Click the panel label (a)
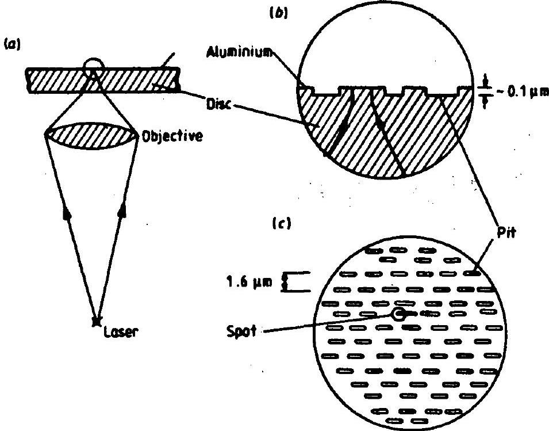pos(11,44)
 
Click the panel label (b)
pos(278,13)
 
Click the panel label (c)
pos(282,223)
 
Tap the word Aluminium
pos(239,52)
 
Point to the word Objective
pos(172,136)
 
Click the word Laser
pos(121,331)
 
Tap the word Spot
pos(241,331)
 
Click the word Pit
pos(506,232)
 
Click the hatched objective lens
pos(92,136)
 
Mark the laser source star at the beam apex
pos(95,321)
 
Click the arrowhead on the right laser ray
pos(122,212)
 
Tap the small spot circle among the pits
pos(398,314)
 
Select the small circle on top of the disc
pos(94,64)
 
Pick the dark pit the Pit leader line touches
pos(472,273)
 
